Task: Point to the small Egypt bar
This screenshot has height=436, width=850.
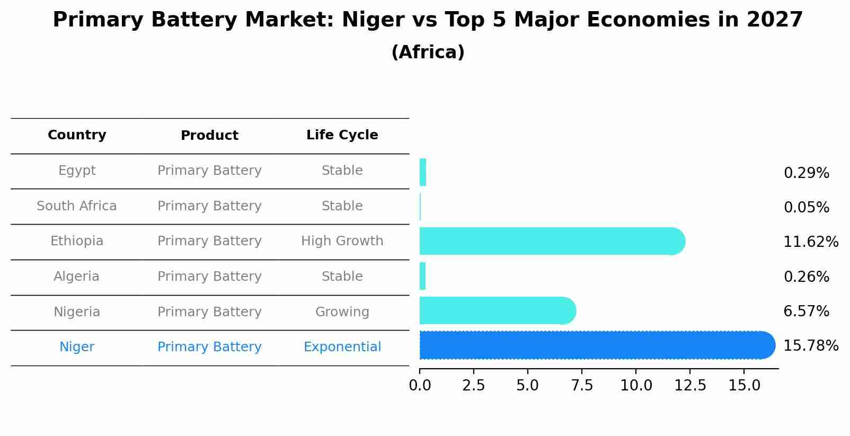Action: click(x=423, y=172)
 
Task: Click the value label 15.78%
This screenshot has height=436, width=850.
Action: click(x=810, y=346)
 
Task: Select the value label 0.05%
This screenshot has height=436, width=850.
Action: click(x=806, y=208)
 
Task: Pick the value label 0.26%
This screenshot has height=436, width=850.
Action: click(x=806, y=277)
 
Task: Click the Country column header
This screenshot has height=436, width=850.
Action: click(x=77, y=135)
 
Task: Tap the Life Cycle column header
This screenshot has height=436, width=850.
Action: click(x=342, y=135)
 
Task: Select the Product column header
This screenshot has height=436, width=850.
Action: click(x=209, y=136)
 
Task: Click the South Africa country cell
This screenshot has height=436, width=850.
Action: click(x=77, y=206)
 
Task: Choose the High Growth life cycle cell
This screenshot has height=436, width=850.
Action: click(x=342, y=241)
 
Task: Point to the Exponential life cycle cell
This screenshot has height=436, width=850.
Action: click(x=342, y=347)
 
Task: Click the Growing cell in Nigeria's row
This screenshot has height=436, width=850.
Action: click(x=342, y=312)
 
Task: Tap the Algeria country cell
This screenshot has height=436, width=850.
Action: click(x=77, y=277)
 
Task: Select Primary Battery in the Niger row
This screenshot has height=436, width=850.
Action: click(x=209, y=347)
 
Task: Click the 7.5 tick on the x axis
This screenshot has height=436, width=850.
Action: click(x=582, y=385)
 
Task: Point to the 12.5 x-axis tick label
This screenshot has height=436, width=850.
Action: click(x=690, y=385)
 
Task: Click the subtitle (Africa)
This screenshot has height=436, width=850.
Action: click(x=428, y=52)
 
